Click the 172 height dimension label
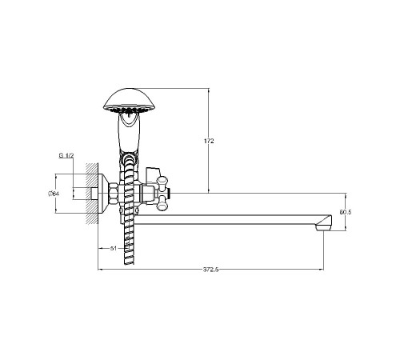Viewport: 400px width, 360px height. (x=209, y=141)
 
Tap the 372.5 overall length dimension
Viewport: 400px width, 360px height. (x=210, y=270)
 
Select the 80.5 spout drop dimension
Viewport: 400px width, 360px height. (x=346, y=212)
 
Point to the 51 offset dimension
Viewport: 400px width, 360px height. (x=114, y=249)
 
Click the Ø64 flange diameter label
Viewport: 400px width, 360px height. (x=54, y=194)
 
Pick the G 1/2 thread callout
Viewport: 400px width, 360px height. (x=66, y=156)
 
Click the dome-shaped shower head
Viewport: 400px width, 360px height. (x=129, y=101)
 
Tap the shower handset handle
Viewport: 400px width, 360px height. (x=129, y=134)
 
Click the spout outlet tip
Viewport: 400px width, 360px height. (x=323, y=225)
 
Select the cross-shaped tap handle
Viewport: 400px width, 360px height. (x=162, y=194)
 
